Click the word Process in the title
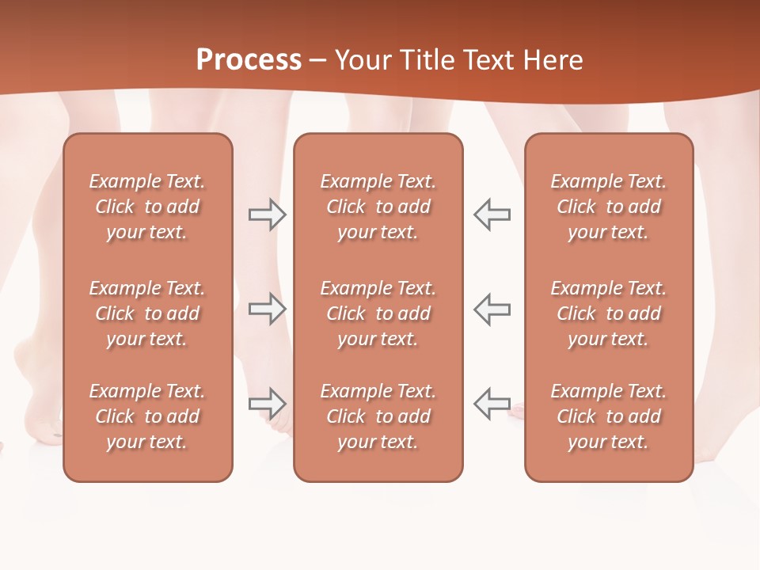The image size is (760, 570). coord(249,60)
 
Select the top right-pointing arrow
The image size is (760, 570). coord(267,215)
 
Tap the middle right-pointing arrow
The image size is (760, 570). coord(267,309)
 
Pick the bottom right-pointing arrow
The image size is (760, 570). coord(267,404)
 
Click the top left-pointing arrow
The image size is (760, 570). coord(492,215)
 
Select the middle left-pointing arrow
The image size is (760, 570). coord(492,309)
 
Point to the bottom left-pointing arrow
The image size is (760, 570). coord(492,404)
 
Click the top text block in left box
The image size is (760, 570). coord(147,207)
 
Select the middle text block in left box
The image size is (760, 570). coord(147,313)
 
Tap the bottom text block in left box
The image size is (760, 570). coord(147,416)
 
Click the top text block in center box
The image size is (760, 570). coord(378,207)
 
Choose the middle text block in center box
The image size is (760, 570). coord(378,313)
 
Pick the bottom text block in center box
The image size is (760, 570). coord(378,416)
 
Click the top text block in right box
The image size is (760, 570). coord(609,207)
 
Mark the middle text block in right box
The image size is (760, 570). coord(609,313)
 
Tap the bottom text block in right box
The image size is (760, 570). coord(609,416)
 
